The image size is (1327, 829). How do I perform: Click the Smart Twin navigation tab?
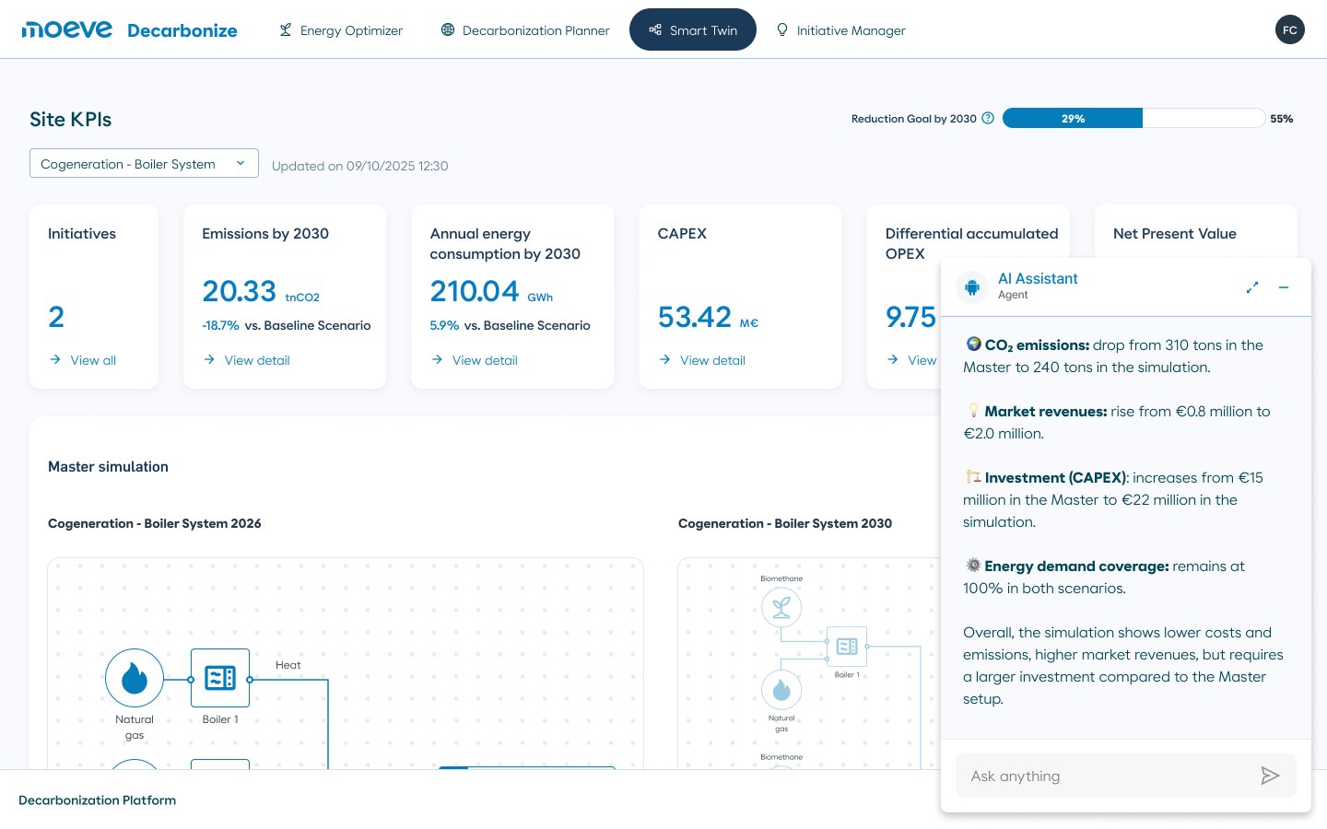pyautogui.click(x=693, y=29)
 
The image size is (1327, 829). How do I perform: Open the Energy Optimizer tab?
pyautogui.click(x=341, y=30)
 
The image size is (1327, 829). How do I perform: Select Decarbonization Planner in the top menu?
pyautogui.click(x=525, y=30)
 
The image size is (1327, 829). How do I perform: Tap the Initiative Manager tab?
pyautogui.click(x=840, y=30)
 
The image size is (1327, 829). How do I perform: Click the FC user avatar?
pyautogui.click(x=1290, y=29)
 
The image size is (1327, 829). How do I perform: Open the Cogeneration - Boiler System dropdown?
pyautogui.click(x=144, y=163)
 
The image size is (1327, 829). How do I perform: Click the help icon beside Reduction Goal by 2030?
pyautogui.click(x=988, y=118)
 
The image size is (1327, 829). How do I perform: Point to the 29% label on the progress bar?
pyautogui.click(x=1073, y=119)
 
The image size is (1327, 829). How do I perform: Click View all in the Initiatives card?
pyautogui.click(x=83, y=360)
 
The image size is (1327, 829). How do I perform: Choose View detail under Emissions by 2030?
pyautogui.click(x=246, y=360)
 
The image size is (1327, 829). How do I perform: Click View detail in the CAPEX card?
pyautogui.click(x=702, y=360)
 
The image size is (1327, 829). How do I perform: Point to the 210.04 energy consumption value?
pyautogui.click(x=474, y=291)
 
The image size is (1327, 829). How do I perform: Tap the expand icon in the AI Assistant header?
pyautogui.click(x=1251, y=287)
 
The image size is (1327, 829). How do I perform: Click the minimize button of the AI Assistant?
pyautogui.click(x=1284, y=287)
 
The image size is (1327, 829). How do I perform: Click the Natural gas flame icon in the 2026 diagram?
pyautogui.click(x=135, y=678)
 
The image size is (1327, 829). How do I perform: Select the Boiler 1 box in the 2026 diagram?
pyautogui.click(x=219, y=678)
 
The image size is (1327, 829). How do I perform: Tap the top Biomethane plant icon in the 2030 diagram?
pyautogui.click(x=781, y=607)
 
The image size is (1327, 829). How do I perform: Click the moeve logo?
pyautogui.click(x=67, y=29)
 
